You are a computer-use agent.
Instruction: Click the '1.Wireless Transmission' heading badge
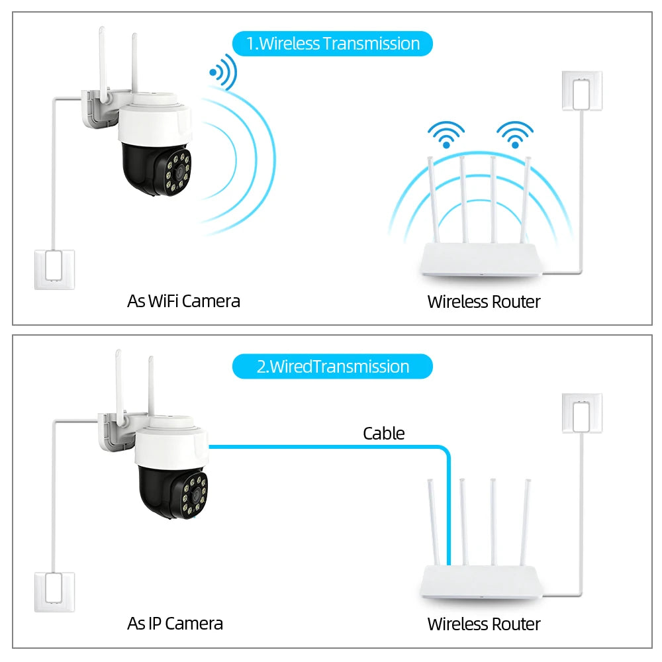[332, 44]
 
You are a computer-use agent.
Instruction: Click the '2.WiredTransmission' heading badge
[332, 366]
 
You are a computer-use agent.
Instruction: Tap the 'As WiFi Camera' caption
[183, 301]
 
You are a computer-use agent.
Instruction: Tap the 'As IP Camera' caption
[175, 624]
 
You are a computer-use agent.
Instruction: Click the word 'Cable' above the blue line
[383, 434]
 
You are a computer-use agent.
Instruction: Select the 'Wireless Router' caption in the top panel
[483, 302]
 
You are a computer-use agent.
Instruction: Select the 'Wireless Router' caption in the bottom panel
[483, 624]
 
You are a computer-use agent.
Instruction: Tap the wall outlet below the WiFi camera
[54, 269]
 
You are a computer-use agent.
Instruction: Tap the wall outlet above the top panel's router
[582, 90]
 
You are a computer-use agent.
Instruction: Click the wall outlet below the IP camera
[54, 591]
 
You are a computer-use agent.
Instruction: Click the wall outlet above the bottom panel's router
[582, 412]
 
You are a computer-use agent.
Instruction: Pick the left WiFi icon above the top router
[446, 134]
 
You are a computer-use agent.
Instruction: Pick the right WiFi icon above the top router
[514, 134]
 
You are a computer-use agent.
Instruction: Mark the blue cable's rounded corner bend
[444, 452]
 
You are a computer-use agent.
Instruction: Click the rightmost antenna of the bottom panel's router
[526, 523]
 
